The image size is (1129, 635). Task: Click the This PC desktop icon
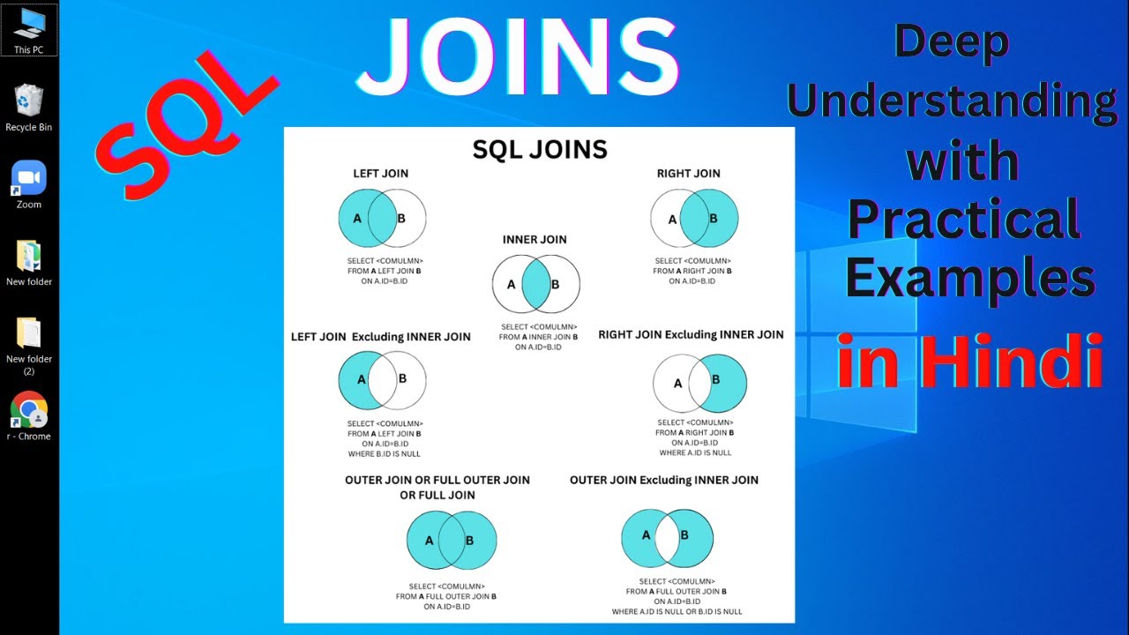pos(29,23)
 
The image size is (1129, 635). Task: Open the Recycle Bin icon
pos(29,101)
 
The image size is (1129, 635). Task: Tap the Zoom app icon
pos(29,177)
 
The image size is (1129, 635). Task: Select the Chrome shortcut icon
pos(29,410)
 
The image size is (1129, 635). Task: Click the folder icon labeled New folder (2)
pos(29,332)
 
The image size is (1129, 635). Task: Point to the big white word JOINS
pos(517,58)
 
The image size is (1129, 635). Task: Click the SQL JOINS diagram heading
pos(540,150)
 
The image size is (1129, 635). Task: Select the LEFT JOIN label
pos(381,174)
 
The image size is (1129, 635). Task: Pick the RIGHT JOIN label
pos(688,174)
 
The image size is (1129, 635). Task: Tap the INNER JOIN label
pos(535,240)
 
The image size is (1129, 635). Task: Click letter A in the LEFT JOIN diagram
pos(357,218)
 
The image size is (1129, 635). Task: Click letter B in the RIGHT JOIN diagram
pos(713,219)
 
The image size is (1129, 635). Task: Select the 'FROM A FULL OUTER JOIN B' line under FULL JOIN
pos(445,597)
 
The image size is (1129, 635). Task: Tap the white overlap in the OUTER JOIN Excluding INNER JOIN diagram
pos(667,538)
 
